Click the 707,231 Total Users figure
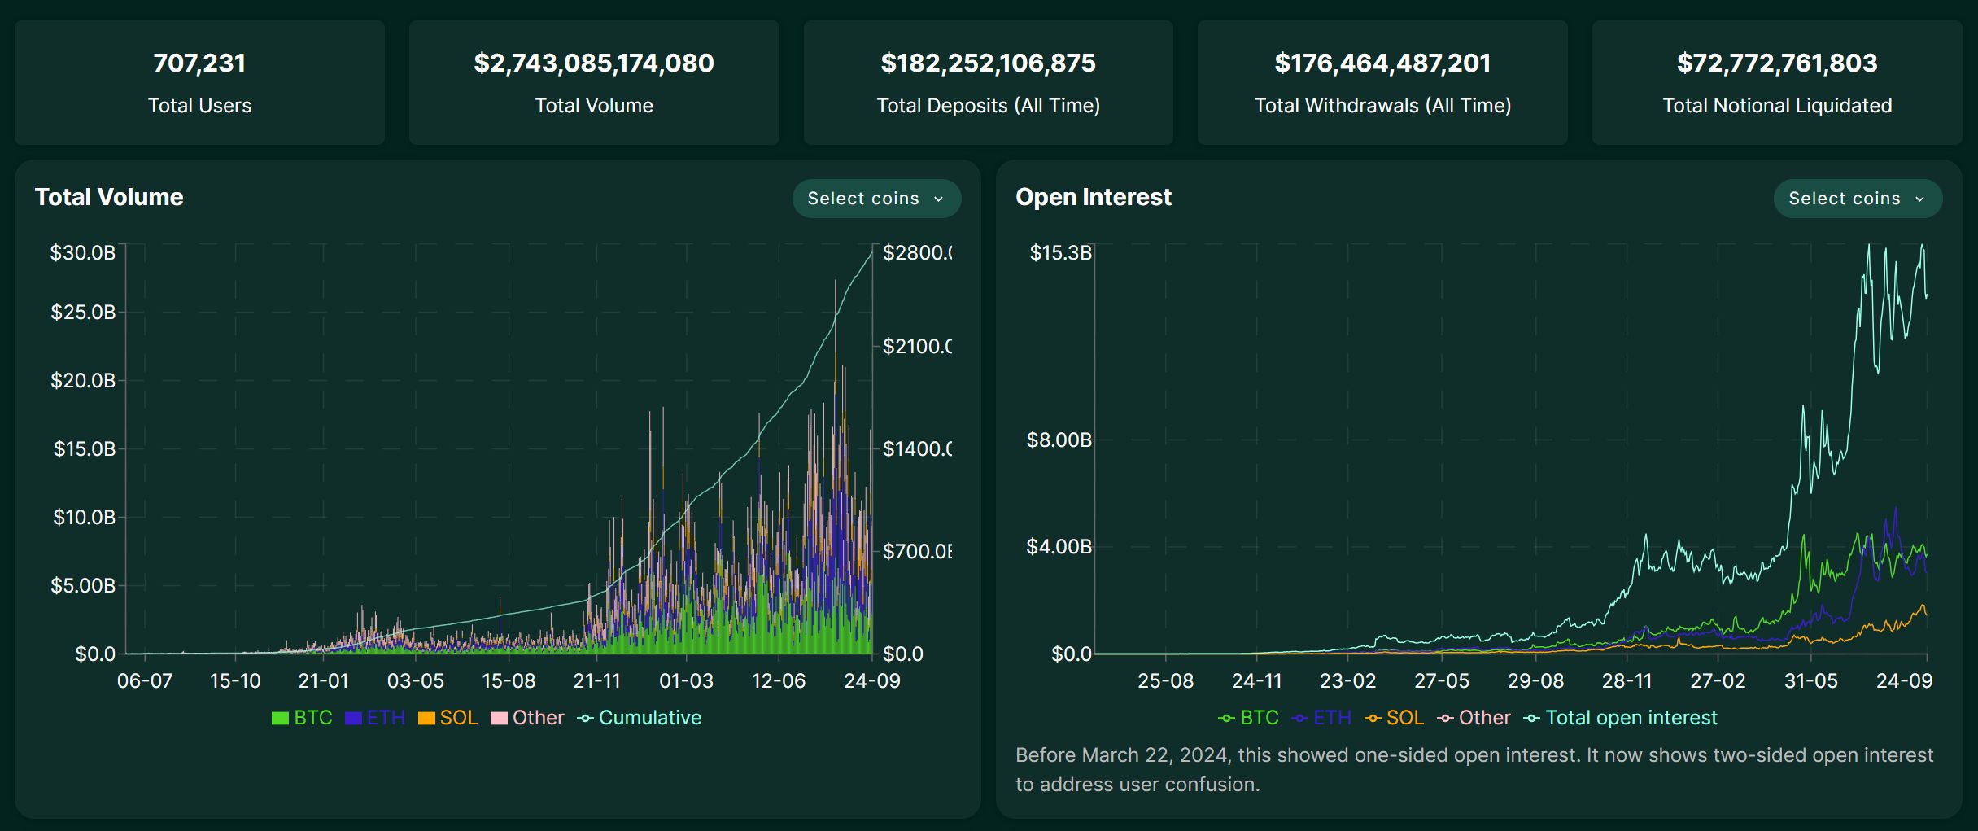(x=199, y=63)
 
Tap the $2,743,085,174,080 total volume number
(x=593, y=63)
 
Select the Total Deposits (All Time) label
(x=988, y=106)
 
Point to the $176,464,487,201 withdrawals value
(x=1382, y=63)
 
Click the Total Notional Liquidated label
(x=1776, y=106)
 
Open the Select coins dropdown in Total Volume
(x=876, y=199)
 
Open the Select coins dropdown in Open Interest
(x=1857, y=199)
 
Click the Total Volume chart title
(x=109, y=197)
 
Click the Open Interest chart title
(x=1093, y=197)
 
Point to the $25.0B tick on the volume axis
(x=83, y=313)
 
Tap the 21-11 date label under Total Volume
(x=596, y=681)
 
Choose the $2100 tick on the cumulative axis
(x=917, y=347)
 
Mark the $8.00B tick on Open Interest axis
(x=1059, y=440)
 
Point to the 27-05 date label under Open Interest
(x=1441, y=681)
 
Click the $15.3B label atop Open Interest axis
(x=1060, y=253)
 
